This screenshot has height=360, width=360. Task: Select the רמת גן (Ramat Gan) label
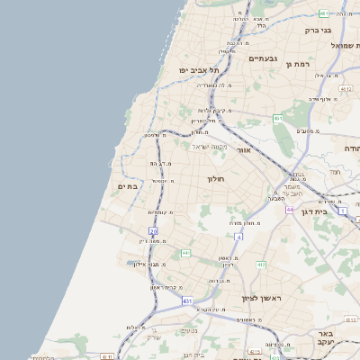(320, 64)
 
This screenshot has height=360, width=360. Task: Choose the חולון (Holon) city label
(220, 179)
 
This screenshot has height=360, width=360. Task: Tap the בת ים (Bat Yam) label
(128, 185)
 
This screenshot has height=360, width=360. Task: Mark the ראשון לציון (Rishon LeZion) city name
(262, 297)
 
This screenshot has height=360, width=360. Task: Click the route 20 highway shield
(141, 231)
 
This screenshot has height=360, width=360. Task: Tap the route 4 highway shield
(238, 237)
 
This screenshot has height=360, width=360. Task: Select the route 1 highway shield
(343, 210)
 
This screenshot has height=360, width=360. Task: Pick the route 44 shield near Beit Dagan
(290, 209)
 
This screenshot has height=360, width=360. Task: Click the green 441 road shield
(185, 253)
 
